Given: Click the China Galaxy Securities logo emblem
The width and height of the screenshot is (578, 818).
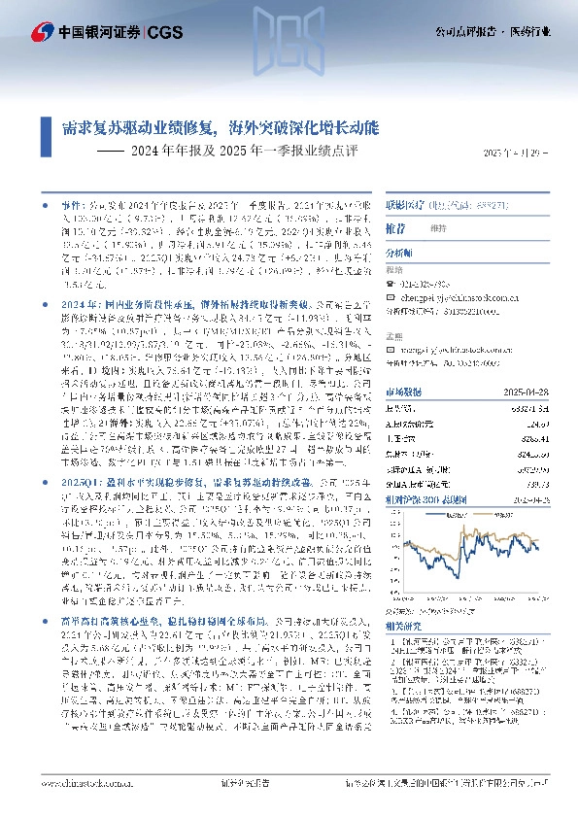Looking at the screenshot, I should coord(41,31).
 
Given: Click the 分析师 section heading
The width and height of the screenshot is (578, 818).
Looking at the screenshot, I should coord(399,252).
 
